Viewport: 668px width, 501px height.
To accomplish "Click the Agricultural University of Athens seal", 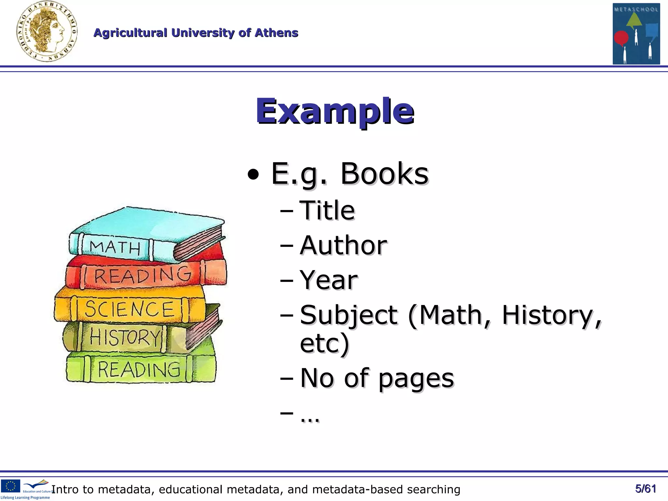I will click(x=47, y=32).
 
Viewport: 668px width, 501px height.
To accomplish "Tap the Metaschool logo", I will click(x=636, y=34).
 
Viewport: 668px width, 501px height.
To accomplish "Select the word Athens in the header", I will click(x=276, y=33).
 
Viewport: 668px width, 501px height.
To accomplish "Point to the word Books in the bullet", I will click(x=384, y=174).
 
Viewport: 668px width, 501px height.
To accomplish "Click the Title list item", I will click(x=327, y=210).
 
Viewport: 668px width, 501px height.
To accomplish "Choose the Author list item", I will click(x=343, y=245).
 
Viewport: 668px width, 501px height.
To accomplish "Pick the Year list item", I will click(x=328, y=280).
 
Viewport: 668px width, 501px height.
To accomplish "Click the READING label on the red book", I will click(x=143, y=276).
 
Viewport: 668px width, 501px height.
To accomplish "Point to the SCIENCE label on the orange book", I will click(x=129, y=309).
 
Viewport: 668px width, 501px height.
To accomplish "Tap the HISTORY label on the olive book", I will click(x=125, y=337).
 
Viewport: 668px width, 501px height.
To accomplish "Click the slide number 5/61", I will click(x=645, y=489).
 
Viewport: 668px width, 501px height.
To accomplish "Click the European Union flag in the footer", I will click(x=10, y=486).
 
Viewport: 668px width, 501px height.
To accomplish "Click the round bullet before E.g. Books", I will click(x=253, y=175).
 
